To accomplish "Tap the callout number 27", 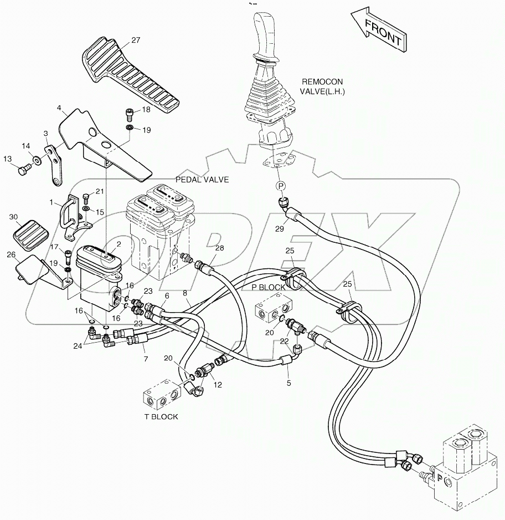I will pyautogui.click(x=136, y=40).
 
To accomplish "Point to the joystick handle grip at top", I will pyautogui.click(x=265, y=30).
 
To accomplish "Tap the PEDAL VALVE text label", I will pyautogui.click(x=202, y=180).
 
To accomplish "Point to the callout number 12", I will pyautogui.click(x=218, y=384).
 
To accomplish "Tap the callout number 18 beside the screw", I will pyautogui.click(x=146, y=110).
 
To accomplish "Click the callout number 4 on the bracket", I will pyautogui.click(x=59, y=109).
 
